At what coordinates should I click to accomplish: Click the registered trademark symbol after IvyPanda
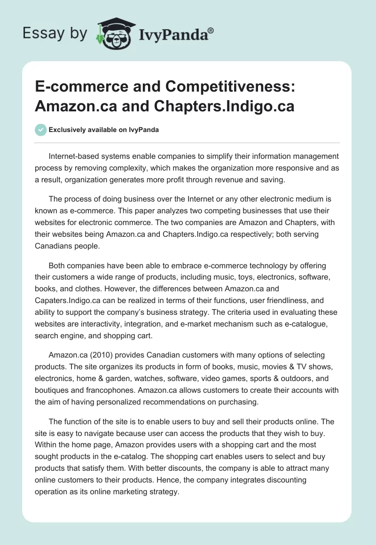(211, 30)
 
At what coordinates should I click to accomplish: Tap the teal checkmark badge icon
(41, 130)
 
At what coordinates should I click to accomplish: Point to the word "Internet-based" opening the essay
(74, 156)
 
